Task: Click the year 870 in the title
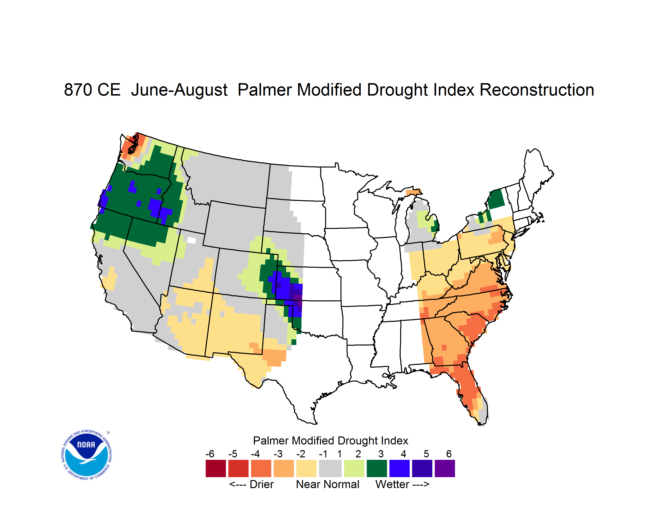(78, 90)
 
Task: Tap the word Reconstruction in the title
(537, 90)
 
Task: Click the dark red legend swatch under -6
(216, 469)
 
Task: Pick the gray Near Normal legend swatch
(330, 469)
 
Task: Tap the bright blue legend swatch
(399, 469)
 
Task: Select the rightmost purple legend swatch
(445, 469)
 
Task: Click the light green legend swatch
(354, 469)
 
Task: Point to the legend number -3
(278, 454)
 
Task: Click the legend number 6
(449, 454)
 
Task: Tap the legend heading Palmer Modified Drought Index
(330, 441)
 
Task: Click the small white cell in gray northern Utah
(191, 240)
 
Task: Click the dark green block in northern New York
(496, 199)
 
